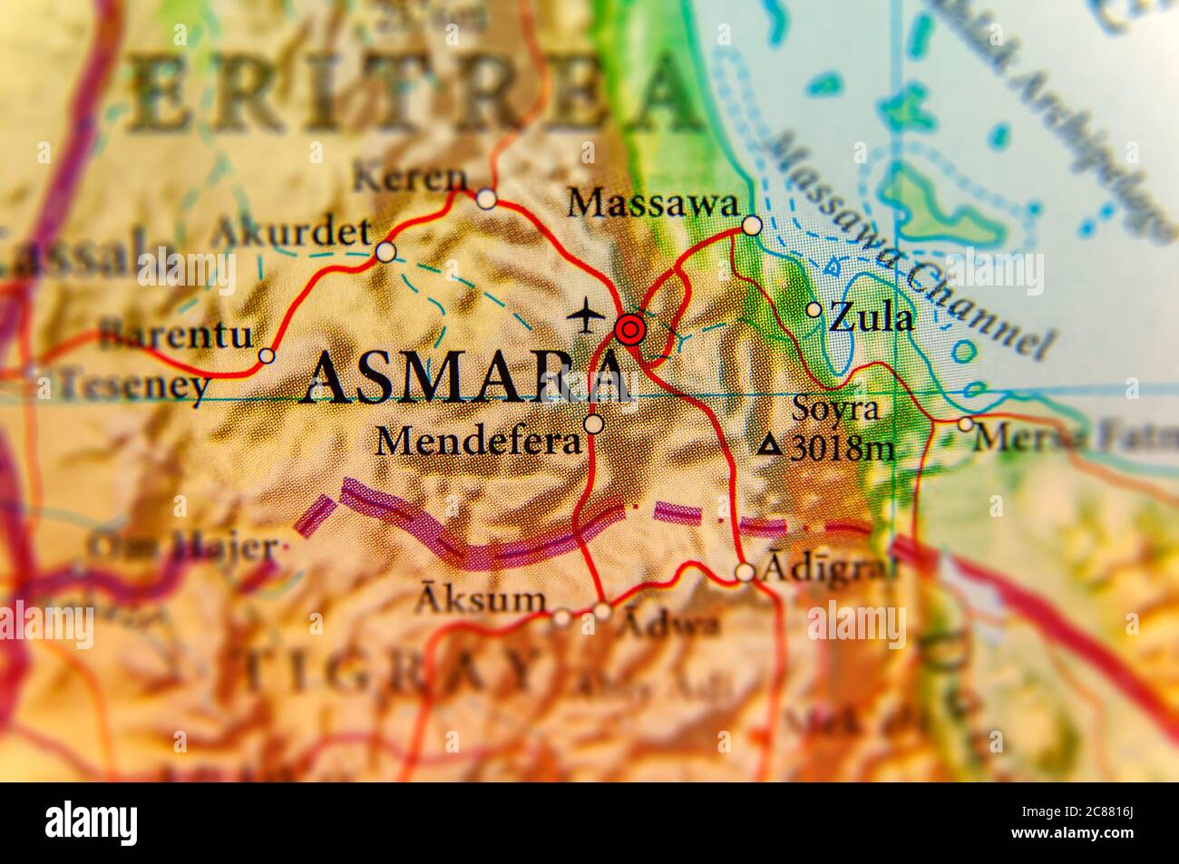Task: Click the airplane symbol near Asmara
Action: (x=587, y=315)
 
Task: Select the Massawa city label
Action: (x=652, y=204)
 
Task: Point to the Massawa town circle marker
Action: (x=752, y=226)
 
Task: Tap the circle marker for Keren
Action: (x=487, y=199)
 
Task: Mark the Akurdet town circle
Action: (x=386, y=252)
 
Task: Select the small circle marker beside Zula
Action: (x=814, y=310)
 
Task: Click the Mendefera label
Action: (x=478, y=442)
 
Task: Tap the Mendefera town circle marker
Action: (x=593, y=423)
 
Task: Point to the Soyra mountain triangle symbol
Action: (x=771, y=445)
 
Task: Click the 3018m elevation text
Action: (x=842, y=448)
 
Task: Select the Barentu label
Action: (x=177, y=335)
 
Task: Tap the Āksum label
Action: (x=482, y=599)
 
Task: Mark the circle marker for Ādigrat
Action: (x=745, y=572)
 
